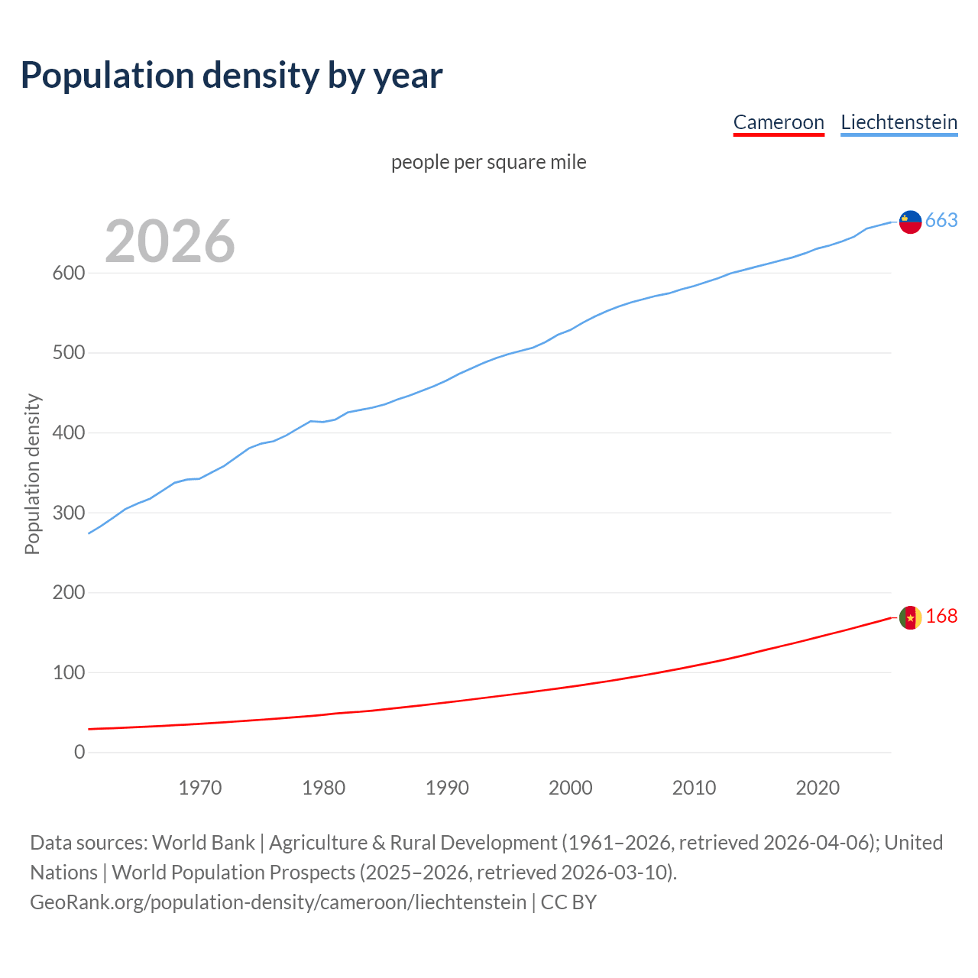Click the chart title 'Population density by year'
[232, 75]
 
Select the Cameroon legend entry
[779, 122]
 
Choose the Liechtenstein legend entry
[899, 122]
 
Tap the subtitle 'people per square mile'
[488, 163]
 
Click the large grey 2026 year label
[170, 241]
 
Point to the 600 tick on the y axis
[68, 274]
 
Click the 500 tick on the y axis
[68, 353]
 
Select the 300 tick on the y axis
[68, 513]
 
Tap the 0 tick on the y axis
[79, 753]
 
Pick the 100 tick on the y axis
[68, 673]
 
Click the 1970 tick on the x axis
[200, 788]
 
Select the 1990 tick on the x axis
[447, 788]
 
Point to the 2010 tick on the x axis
[694, 788]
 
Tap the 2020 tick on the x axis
[818, 788]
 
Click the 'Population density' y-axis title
[32, 474]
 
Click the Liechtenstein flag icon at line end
[910, 222]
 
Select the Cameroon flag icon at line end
[910, 617]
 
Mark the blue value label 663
[941, 221]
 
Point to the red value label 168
[941, 617]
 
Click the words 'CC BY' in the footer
[568, 902]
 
